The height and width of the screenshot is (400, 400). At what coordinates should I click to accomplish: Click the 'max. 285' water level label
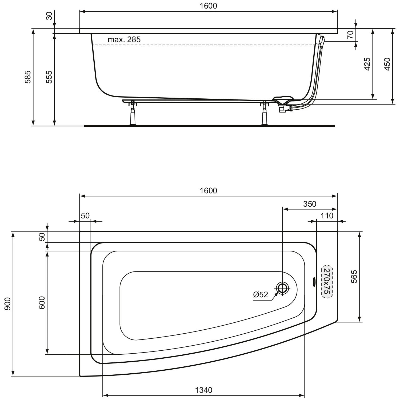[x=124, y=40]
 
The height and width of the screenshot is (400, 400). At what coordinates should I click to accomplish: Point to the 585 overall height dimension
[x=28, y=77]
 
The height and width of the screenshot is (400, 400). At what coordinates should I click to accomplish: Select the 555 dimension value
[x=49, y=77]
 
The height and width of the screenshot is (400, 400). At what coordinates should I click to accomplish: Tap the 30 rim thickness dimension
[x=49, y=16]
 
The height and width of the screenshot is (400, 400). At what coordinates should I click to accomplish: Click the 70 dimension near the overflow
[x=350, y=35]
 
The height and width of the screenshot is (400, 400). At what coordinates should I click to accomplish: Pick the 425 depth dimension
[x=367, y=64]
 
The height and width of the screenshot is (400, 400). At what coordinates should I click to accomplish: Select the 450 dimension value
[x=387, y=64]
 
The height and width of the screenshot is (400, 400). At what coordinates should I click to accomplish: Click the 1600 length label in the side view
[x=209, y=6]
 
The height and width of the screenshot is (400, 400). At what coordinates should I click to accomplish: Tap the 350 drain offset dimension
[x=310, y=204]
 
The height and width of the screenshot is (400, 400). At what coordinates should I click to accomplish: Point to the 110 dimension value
[x=327, y=216]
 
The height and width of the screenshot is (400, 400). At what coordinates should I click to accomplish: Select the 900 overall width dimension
[x=7, y=303]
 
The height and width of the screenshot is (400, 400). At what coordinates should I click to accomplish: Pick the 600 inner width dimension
[x=42, y=302]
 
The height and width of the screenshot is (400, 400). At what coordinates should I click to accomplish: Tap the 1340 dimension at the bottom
[x=204, y=390]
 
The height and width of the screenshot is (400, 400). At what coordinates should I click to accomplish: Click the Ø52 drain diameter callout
[x=261, y=294]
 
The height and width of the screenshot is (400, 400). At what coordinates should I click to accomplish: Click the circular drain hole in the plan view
[x=282, y=288]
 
